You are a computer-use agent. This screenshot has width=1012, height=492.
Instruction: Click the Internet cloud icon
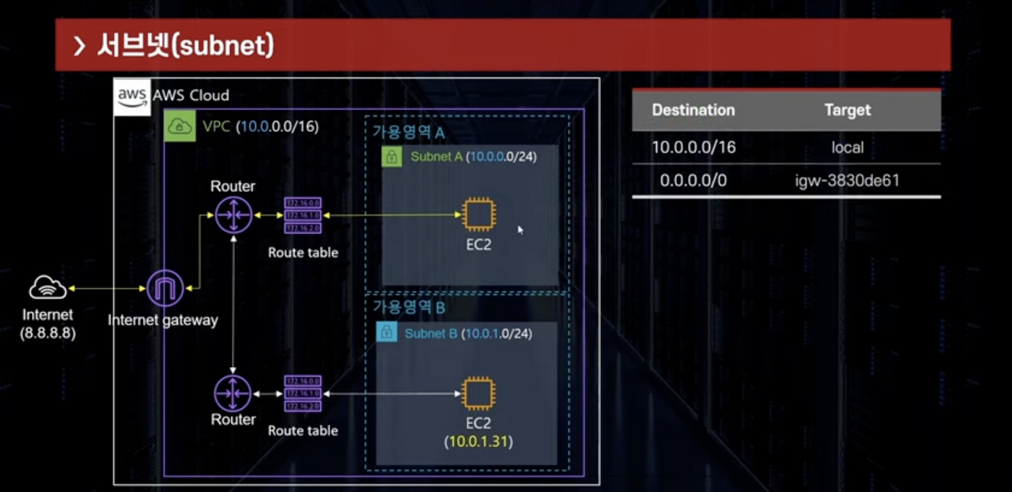click(47, 288)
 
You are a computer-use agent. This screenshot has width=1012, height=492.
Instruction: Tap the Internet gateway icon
click(165, 288)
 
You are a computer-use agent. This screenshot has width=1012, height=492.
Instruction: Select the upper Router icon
click(233, 214)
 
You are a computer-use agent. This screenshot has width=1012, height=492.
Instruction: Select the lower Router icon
click(233, 393)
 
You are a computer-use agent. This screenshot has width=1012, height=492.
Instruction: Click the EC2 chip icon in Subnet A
click(478, 214)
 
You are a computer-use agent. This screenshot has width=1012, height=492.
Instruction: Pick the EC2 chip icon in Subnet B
click(478, 393)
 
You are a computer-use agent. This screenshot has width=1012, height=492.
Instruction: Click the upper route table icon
click(303, 214)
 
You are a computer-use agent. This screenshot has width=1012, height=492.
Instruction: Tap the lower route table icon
click(303, 393)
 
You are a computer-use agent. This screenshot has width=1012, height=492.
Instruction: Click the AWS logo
click(132, 97)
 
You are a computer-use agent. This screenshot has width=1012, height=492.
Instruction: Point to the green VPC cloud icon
click(180, 126)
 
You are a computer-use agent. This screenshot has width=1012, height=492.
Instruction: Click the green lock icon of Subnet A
click(391, 157)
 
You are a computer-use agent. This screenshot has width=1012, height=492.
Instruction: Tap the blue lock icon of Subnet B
click(386, 333)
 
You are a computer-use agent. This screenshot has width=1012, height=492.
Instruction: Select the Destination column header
click(693, 110)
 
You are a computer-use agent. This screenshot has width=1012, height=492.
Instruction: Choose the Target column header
click(847, 110)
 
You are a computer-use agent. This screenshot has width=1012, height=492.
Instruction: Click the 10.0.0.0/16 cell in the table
click(693, 147)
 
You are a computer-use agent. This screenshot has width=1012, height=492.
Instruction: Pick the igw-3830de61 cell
click(847, 181)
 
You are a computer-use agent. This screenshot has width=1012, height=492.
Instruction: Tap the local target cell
click(847, 147)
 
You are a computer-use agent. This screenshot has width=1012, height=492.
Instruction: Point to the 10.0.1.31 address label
click(478, 441)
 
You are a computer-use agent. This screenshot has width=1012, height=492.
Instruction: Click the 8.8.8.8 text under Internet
click(47, 333)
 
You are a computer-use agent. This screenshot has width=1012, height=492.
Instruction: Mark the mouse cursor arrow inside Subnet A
click(520, 229)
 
